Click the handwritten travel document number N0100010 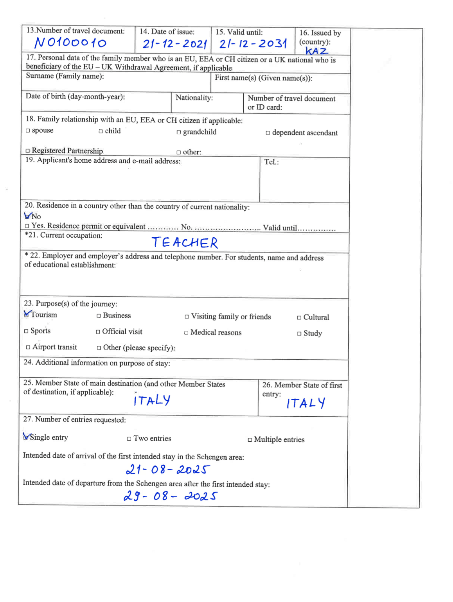pos(70,42)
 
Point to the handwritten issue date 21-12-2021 pos(174,43)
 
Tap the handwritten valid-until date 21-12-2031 pos(253,43)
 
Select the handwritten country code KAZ pos(316,51)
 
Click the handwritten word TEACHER pos(185,243)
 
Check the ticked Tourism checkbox pos(27,314)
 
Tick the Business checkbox pos(99,316)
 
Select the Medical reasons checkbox pos(187,333)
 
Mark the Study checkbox pos(299,333)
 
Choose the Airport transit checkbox pos(28,347)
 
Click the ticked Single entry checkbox pos(26,437)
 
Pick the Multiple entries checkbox pos(250,440)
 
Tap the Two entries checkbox pos(129,439)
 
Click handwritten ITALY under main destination pos(152,400)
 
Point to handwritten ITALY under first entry pos(306,403)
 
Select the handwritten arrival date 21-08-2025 pos(168,469)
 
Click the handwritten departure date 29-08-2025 pos(170,496)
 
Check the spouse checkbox pos(28,131)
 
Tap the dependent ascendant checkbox pos(268,133)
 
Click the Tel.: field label pos(271,162)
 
